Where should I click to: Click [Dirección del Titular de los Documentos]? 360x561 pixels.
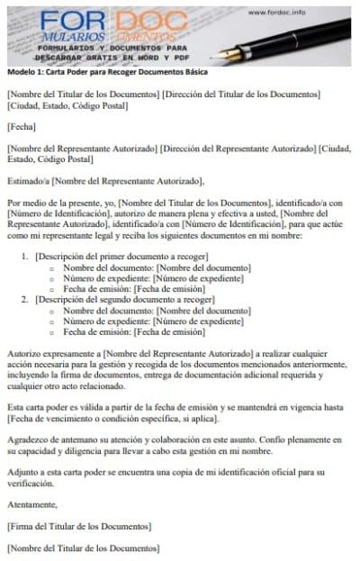[242, 95]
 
